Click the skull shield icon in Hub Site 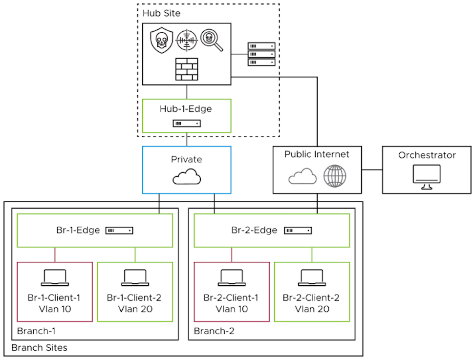[x=161, y=40]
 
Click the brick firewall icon [x=186, y=69]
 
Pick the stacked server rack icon [x=261, y=54]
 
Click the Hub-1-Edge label [x=186, y=109]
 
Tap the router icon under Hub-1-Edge [x=186, y=124]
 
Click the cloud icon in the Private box [x=186, y=176]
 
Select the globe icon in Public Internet [x=335, y=175]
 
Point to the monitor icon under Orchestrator [x=427, y=176]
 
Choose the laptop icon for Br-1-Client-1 [x=54, y=277]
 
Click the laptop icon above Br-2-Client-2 [x=312, y=277]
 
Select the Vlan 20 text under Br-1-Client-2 [x=135, y=309]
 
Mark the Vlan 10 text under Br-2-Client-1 [x=232, y=309]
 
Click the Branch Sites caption [x=39, y=348]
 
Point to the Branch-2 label [x=214, y=331]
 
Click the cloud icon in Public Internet [x=303, y=176]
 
